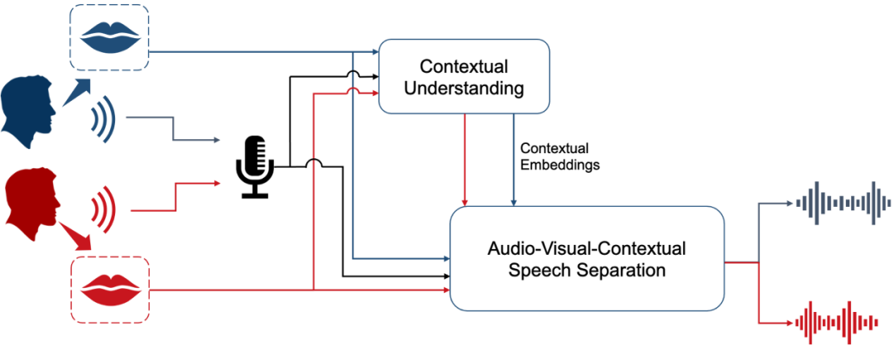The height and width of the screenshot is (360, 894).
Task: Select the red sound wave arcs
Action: (103, 209)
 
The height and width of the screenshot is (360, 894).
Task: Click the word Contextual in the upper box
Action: (464, 65)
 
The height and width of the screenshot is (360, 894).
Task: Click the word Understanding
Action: (464, 88)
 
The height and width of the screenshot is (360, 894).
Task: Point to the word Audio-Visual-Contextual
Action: (587, 247)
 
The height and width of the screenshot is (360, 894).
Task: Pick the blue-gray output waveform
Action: (842, 201)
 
